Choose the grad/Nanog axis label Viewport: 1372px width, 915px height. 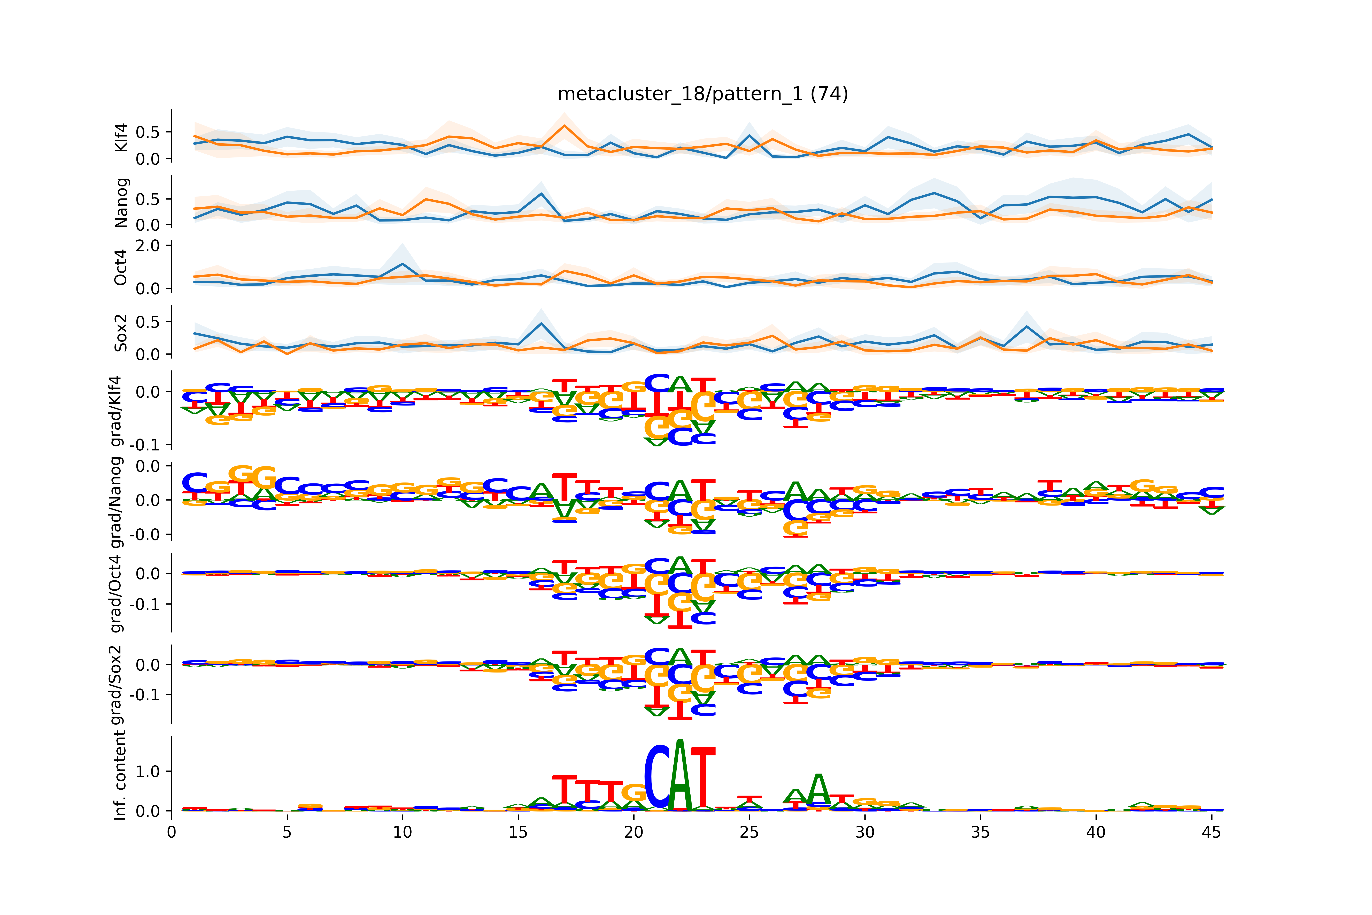[x=117, y=502]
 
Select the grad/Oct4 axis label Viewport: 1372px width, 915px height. [x=117, y=593]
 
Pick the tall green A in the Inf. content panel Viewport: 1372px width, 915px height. [x=680, y=776]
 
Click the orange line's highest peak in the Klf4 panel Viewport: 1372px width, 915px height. [x=564, y=125]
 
